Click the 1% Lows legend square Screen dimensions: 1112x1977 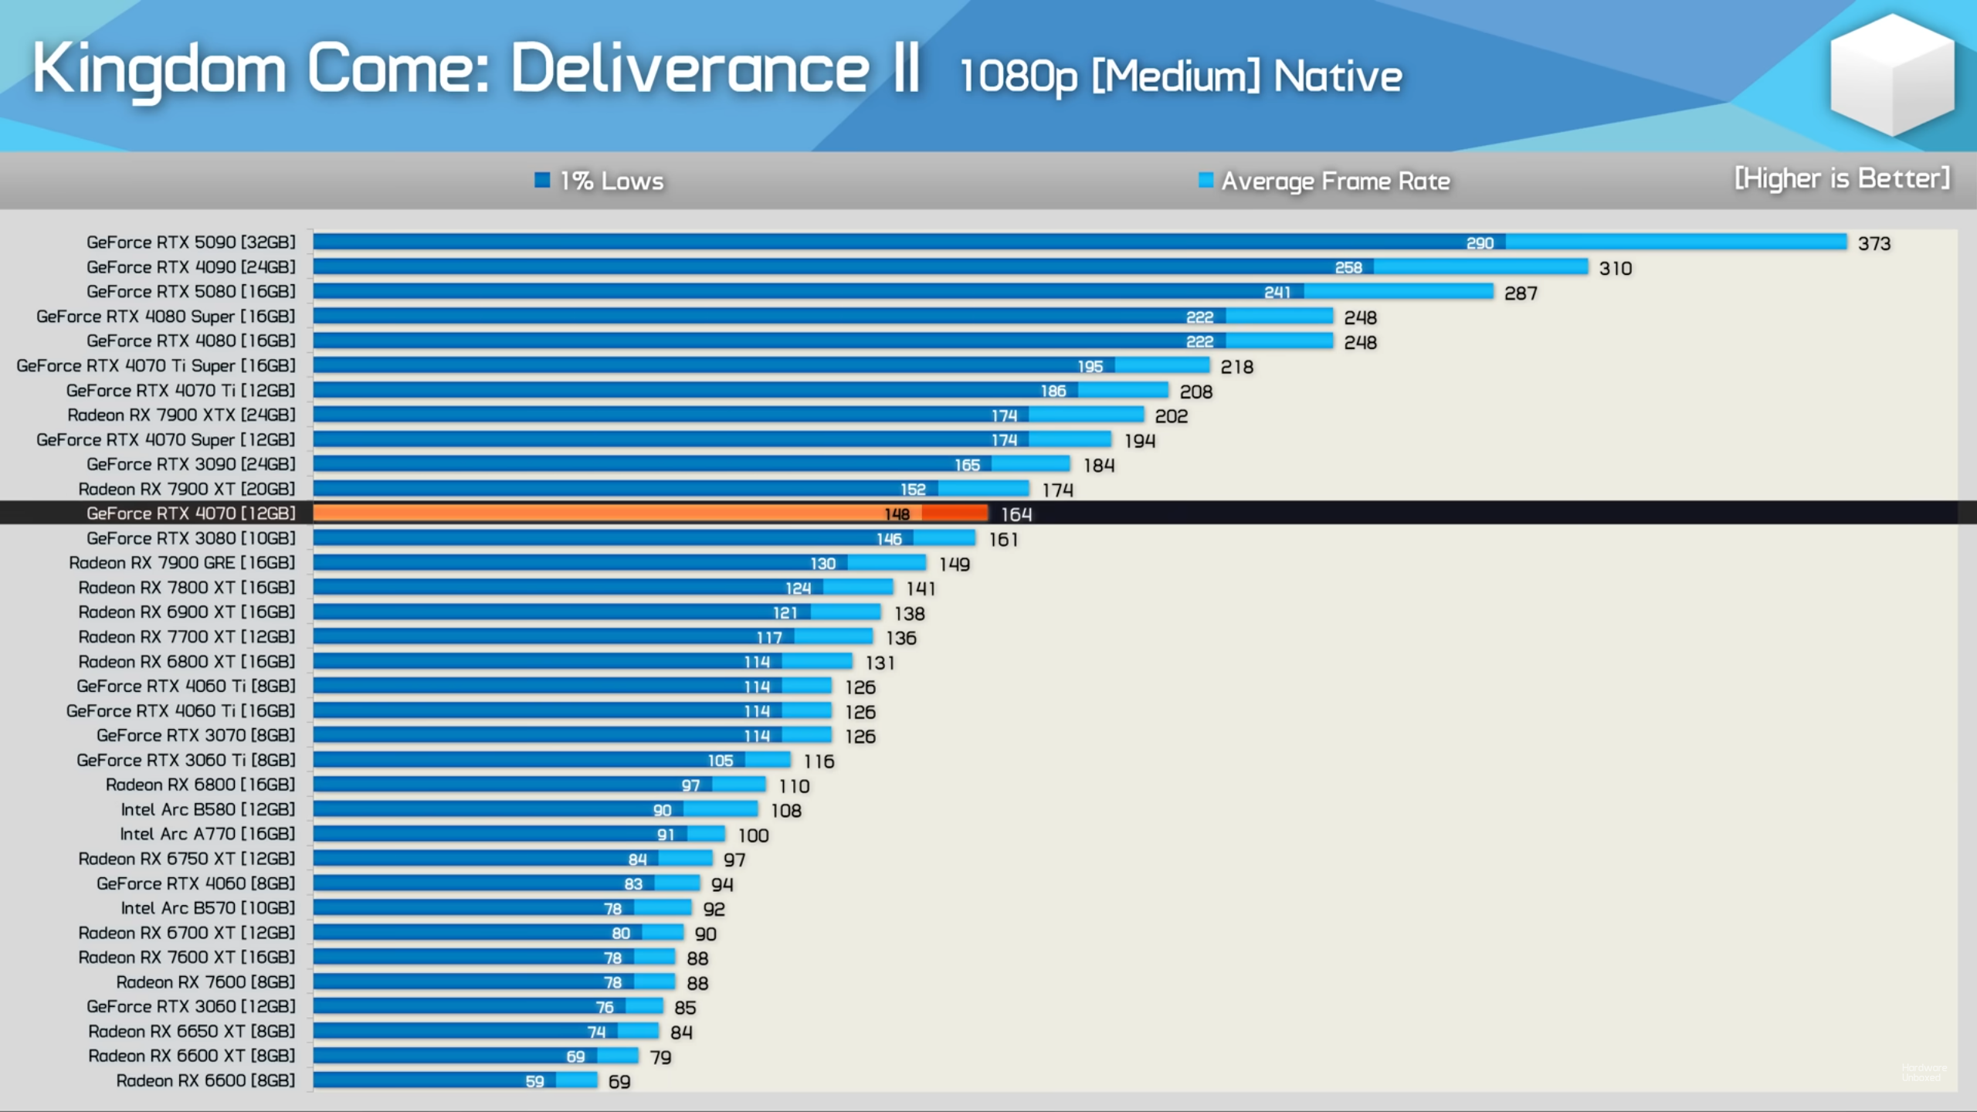(542, 180)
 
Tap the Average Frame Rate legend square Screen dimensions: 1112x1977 (1206, 180)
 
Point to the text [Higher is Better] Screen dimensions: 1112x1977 (1842, 178)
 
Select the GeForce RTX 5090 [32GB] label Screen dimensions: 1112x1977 (191, 242)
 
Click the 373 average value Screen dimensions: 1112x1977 (1874, 244)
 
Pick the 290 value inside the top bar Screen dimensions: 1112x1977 (1480, 243)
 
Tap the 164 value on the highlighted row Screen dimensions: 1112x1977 (1016, 514)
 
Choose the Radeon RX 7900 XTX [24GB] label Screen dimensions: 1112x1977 (181, 415)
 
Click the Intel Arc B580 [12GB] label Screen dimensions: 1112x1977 (208, 809)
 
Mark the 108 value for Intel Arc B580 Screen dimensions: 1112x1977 (786, 811)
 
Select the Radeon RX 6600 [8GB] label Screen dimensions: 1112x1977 (205, 1080)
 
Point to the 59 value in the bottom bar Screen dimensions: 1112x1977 (534, 1081)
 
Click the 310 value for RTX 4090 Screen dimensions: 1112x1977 (1616, 269)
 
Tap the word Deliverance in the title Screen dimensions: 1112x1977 (690, 69)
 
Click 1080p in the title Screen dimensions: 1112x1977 (1018, 76)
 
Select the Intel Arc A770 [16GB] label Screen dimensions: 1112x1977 (207, 834)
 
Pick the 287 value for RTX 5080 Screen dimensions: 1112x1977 (1521, 293)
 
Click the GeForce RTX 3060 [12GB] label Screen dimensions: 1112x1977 (191, 1006)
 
